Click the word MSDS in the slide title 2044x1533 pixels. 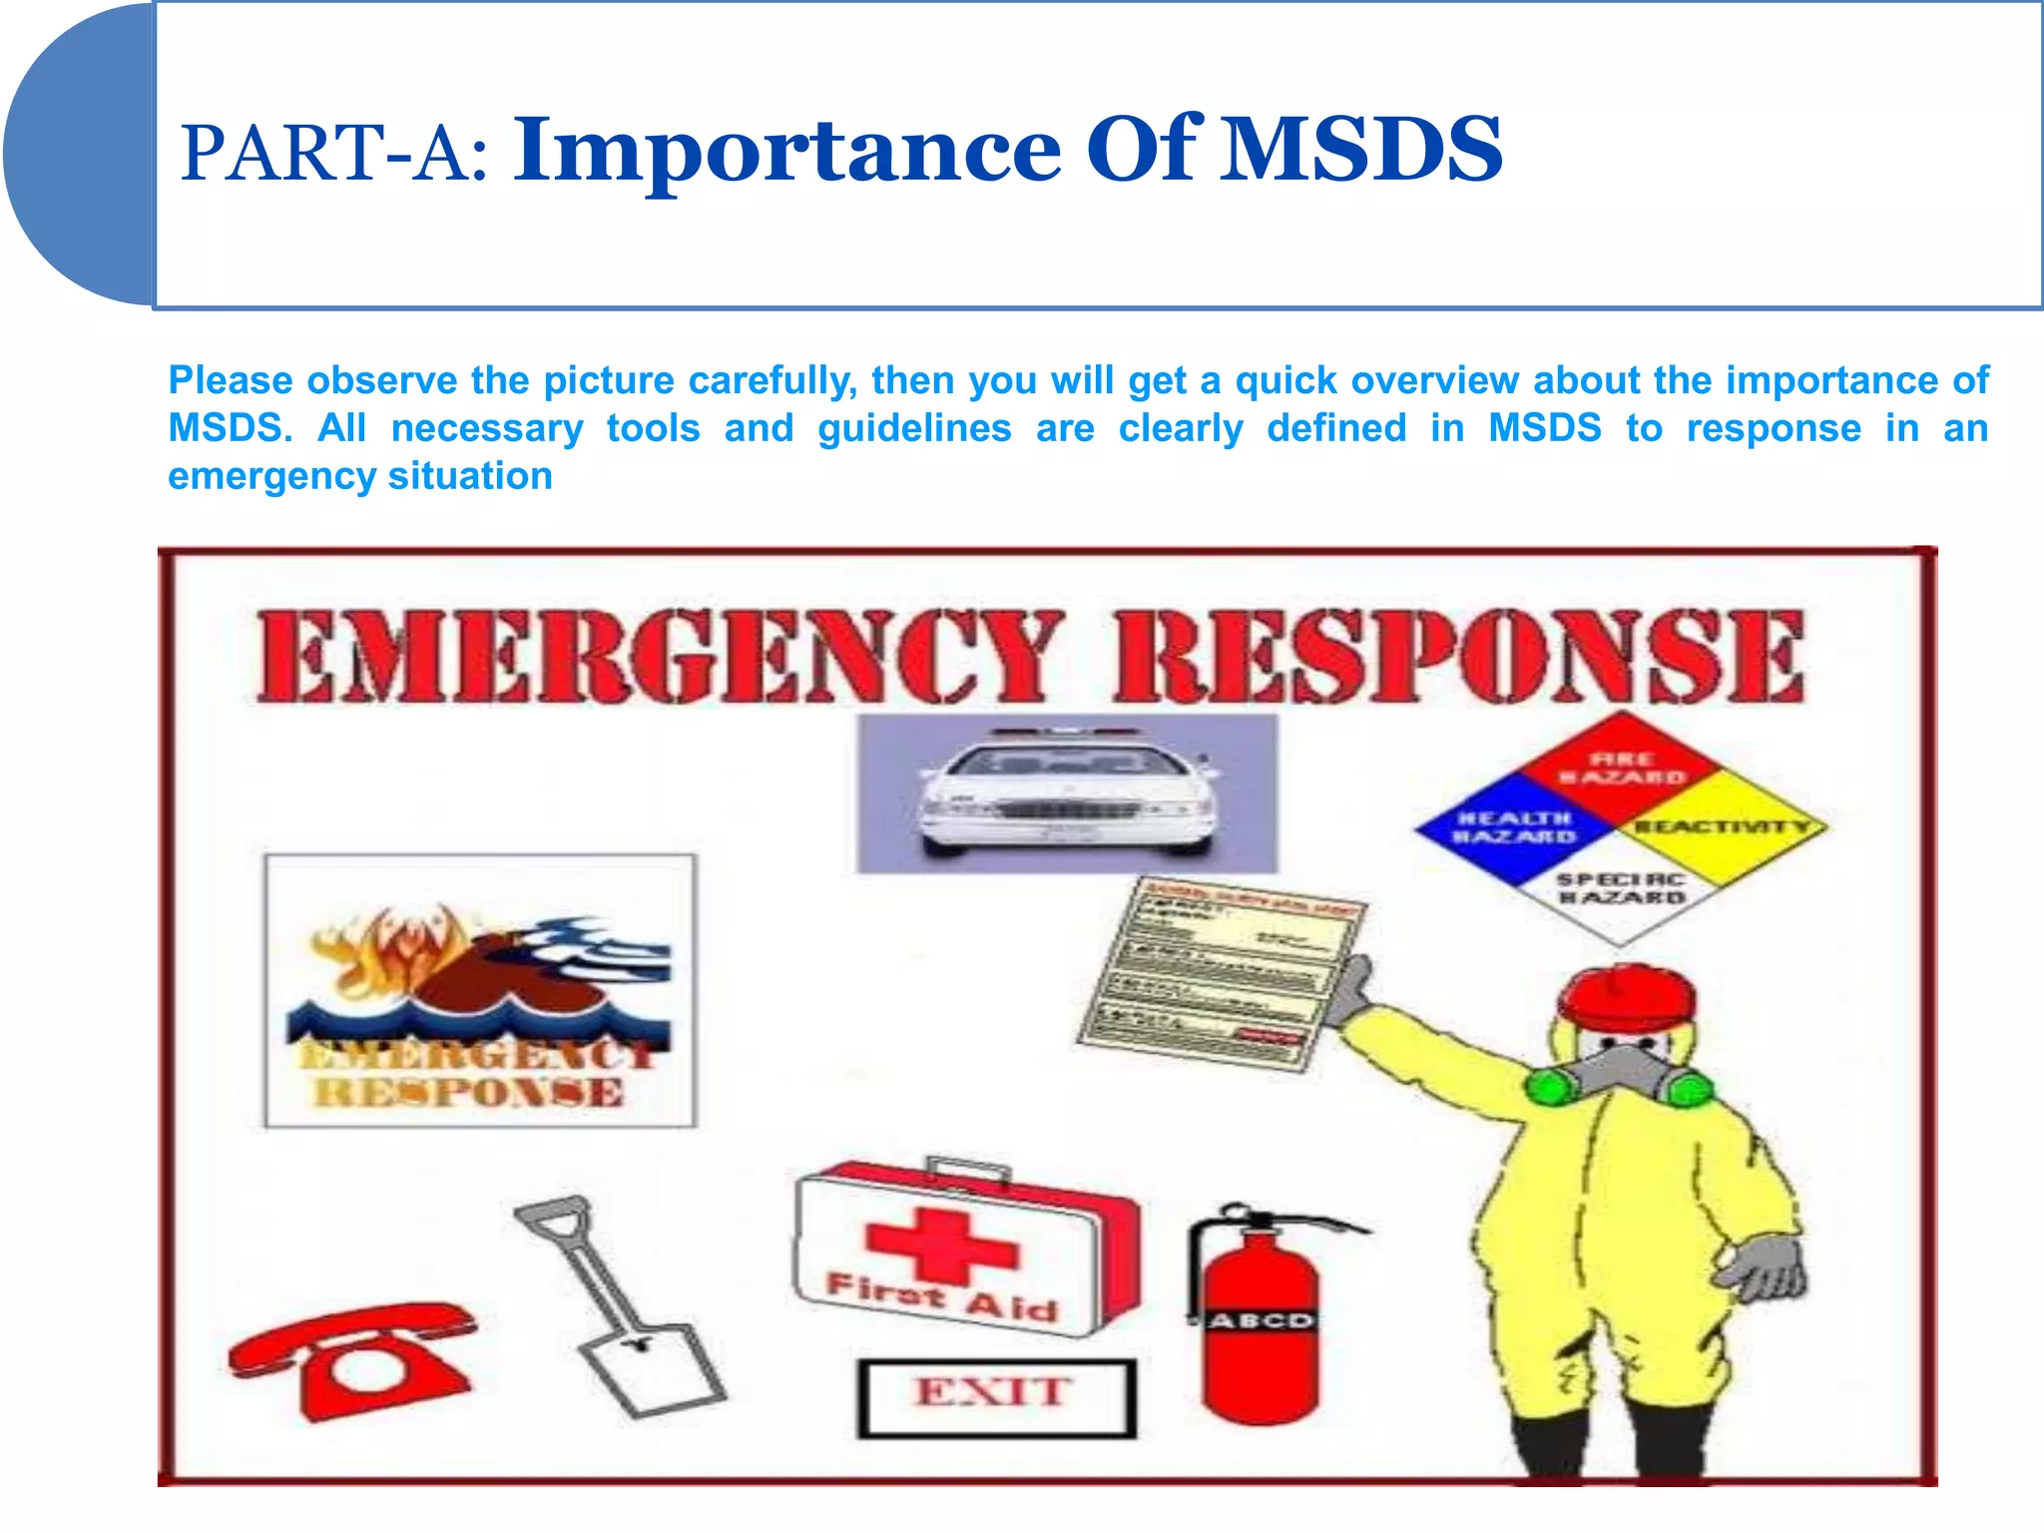point(1362,150)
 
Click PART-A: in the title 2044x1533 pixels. point(334,155)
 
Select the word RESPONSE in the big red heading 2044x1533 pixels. point(1459,656)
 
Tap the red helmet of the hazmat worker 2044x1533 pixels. point(1627,998)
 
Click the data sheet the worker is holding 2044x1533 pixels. point(1223,973)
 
